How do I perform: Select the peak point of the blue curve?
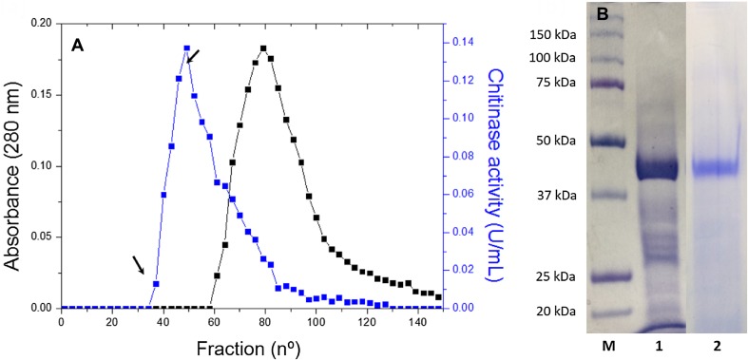[186, 48]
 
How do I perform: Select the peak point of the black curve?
[263, 48]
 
